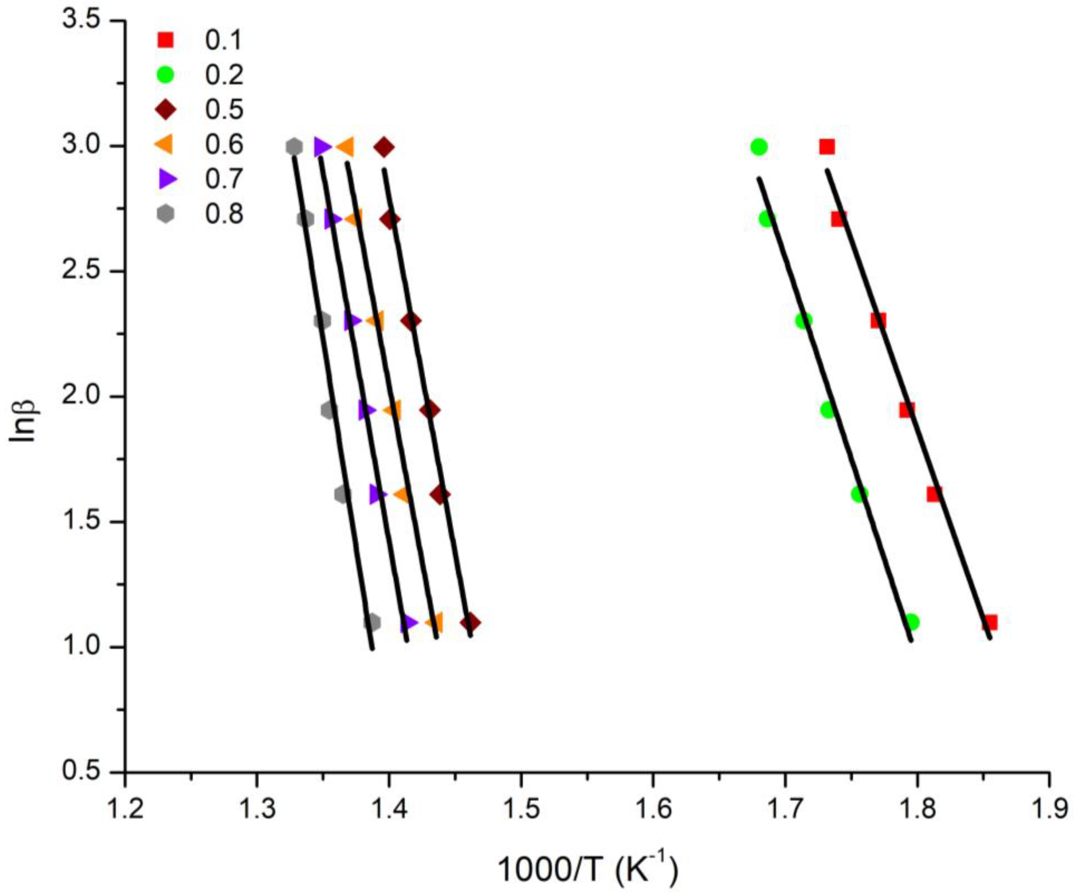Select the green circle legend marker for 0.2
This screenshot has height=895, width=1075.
(165, 75)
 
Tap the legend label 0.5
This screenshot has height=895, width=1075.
(224, 110)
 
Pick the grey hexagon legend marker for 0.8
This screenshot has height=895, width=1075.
(165, 214)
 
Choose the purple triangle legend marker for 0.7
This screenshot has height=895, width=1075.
(167, 179)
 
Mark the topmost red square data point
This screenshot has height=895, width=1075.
(827, 147)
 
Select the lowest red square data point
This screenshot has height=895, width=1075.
(990, 623)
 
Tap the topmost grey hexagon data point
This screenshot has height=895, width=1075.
(294, 147)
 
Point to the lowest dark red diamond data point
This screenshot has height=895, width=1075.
(470, 623)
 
